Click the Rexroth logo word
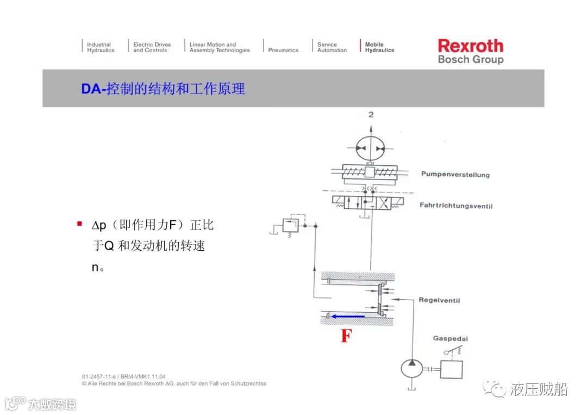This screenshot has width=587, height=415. [x=470, y=46]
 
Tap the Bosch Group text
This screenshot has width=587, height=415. [x=470, y=59]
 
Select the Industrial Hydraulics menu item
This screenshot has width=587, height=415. [x=101, y=47]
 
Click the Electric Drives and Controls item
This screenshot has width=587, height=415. [x=152, y=47]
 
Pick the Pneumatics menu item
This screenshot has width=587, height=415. [x=283, y=50]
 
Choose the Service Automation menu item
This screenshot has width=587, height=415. [x=332, y=47]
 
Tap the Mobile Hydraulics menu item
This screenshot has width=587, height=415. [x=379, y=47]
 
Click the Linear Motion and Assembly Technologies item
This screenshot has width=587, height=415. [x=220, y=47]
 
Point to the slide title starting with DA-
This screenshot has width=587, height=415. [x=163, y=88]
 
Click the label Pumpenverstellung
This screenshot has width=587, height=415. [x=455, y=175]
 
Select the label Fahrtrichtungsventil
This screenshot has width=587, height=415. [x=456, y=206]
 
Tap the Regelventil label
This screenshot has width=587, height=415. [x=439, y=300]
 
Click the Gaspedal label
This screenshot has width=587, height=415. [x=450, y=338]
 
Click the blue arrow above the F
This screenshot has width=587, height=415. [x=348, y=316]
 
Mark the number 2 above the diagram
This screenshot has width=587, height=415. [x=371, y=115]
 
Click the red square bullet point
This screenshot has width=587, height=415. [x=79, y=224]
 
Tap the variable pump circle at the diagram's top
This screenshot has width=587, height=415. [x=370, y=148]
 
